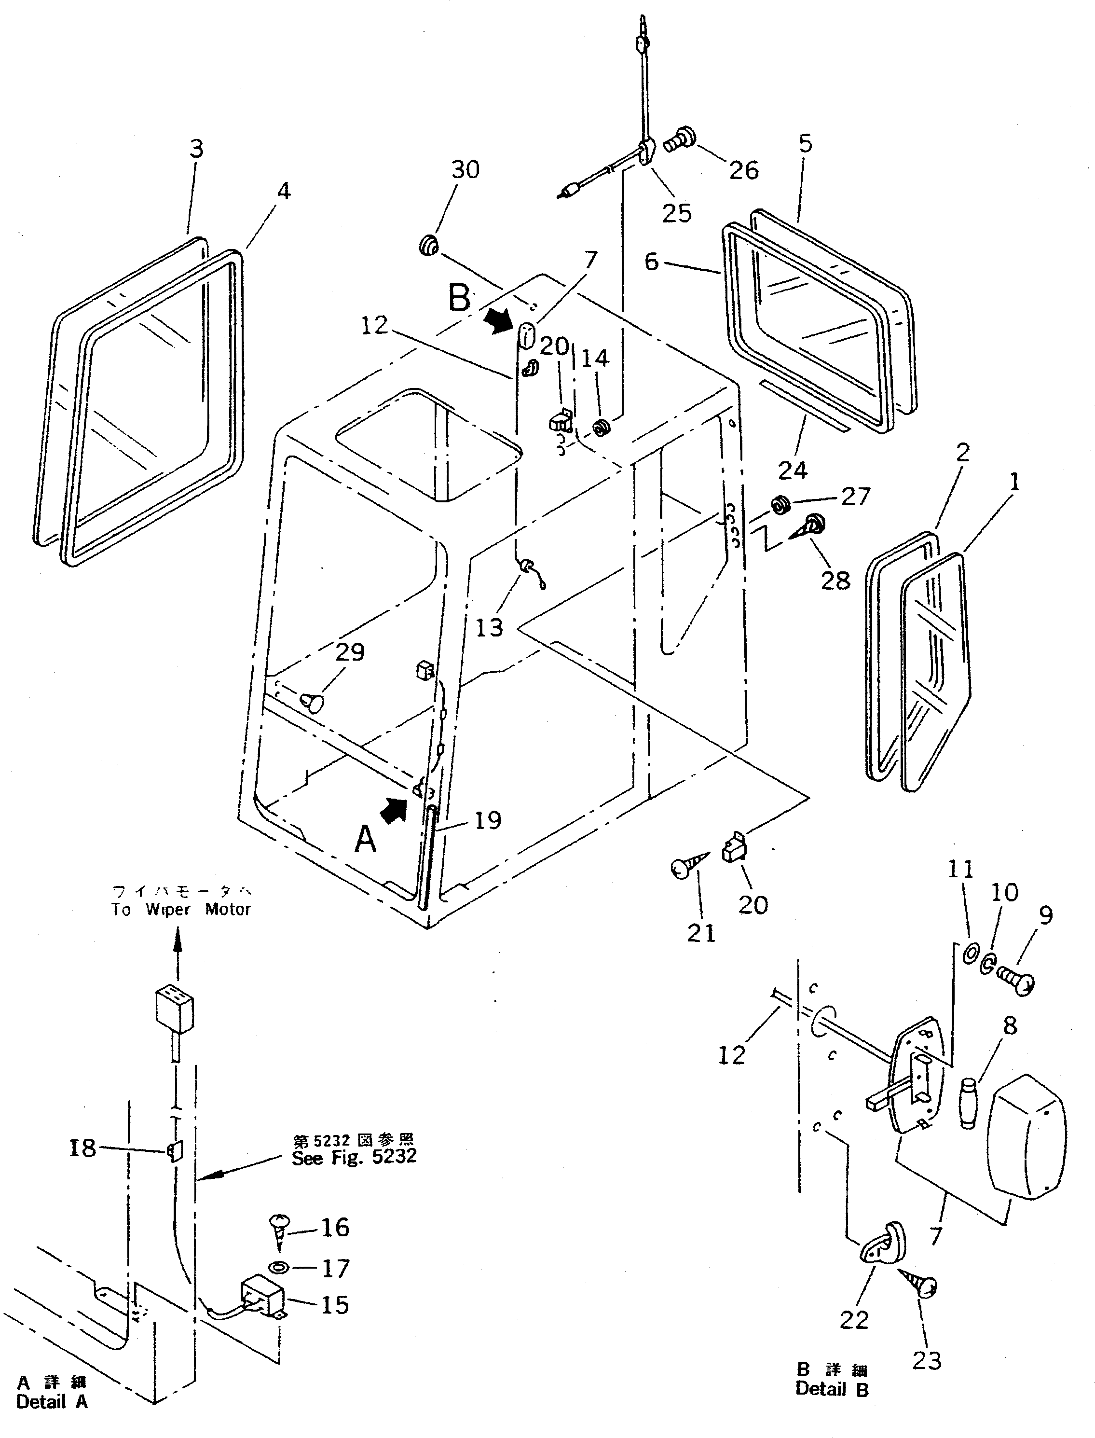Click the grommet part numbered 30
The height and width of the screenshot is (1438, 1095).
[429, 247]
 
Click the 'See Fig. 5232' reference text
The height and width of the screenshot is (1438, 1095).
[353, 1158]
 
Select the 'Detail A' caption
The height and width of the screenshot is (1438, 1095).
[52, 1401]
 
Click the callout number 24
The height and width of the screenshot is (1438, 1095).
[793, 470]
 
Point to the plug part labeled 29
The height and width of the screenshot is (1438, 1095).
[312, 702]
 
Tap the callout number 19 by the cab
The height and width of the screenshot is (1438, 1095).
[488, 821]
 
